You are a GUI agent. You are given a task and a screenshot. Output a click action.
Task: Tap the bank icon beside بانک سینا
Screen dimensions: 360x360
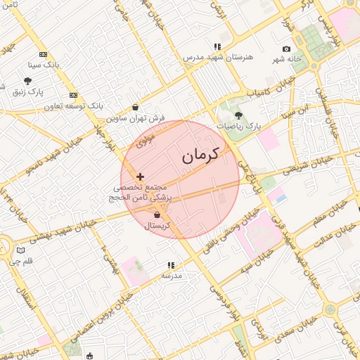point(44,54)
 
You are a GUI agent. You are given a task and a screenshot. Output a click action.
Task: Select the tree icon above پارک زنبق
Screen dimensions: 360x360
point(27,82)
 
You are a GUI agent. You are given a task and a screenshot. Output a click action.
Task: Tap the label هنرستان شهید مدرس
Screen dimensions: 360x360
point(214,56)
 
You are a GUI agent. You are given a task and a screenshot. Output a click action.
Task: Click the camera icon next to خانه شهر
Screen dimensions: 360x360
point(286,49)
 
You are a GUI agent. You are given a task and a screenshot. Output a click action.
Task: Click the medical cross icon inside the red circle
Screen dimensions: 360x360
point(141,176)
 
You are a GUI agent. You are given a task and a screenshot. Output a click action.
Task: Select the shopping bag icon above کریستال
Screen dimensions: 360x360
point(157,214)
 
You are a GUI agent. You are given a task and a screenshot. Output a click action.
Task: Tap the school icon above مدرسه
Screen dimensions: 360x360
point(171,265)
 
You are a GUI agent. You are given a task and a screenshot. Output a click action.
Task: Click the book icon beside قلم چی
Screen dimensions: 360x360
point(20,250)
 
